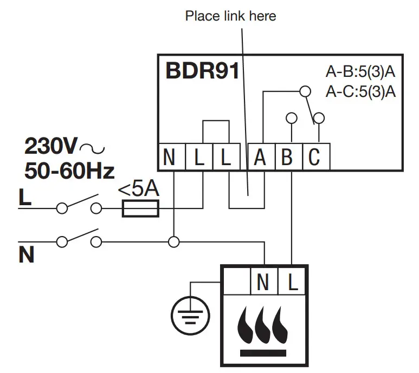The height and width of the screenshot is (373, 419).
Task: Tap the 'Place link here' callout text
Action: click(x=230, y=16)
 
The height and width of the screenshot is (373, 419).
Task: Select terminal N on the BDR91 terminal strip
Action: click(x=169, y=158)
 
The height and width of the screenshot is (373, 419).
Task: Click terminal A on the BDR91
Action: click(x=260, y=158)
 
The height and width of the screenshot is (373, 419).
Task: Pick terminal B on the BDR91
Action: click(x=288, y=158)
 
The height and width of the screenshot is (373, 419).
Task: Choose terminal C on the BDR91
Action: click(x=314, y=158)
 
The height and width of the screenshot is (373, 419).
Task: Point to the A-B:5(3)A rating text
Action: click(x=360, y=73)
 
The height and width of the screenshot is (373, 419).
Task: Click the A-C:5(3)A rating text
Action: click(x=360, y=91)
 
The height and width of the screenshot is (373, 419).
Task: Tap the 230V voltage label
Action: click(x=51, y=146)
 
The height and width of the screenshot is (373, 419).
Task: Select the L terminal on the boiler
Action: click(x=292, y=282)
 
